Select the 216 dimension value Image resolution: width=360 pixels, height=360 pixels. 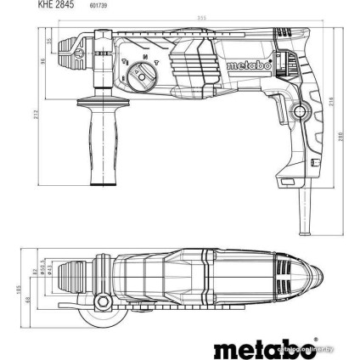pyautogui.click(x=326, y=102)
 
